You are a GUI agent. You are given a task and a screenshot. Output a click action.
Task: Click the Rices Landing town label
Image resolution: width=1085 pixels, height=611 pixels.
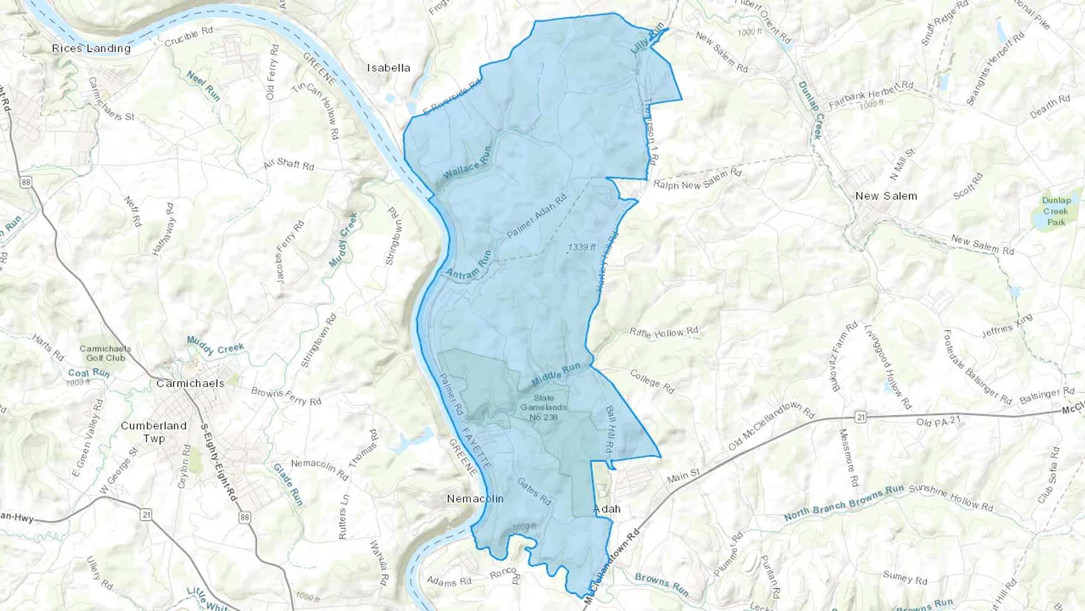click(x=91, y=48)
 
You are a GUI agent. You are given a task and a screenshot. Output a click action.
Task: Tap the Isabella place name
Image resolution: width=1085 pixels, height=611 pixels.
click(x=389, y=68)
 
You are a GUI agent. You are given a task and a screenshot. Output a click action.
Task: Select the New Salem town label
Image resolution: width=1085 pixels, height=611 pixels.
click(x=886, y=196)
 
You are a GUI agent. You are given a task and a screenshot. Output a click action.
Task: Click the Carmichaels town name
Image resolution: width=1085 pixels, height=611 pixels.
click(x=190, y=383)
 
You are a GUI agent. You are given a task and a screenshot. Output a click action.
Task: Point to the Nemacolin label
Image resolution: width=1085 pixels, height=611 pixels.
click(x=475, y=499)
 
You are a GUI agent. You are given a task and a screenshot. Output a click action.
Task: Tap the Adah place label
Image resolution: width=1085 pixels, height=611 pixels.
click(x=607, y=509)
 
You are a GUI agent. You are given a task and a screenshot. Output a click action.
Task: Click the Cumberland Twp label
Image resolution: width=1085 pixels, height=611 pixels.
click(x=154, y=432)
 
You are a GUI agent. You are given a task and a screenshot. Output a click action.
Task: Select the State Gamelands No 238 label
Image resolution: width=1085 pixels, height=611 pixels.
click(x=543, y=408)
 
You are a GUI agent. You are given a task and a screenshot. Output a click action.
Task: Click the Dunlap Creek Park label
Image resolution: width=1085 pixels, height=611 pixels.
click(x=1056, y=211)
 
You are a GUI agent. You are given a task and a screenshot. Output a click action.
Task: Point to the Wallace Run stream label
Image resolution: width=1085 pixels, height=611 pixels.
click(x=468, y=164)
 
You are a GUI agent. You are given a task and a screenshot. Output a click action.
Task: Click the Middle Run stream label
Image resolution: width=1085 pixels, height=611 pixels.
click(x=556, y=375)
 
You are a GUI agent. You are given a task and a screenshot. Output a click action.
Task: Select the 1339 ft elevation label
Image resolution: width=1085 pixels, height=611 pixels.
click(x=582, y=247)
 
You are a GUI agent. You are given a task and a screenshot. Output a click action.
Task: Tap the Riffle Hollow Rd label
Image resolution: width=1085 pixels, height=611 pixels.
click(x=664, y=332)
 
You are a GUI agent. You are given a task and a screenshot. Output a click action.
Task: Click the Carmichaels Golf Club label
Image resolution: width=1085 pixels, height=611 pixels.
click(x=105, y=353)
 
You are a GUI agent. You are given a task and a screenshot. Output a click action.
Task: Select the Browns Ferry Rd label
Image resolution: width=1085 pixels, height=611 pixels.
click(x=286, y=396)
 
